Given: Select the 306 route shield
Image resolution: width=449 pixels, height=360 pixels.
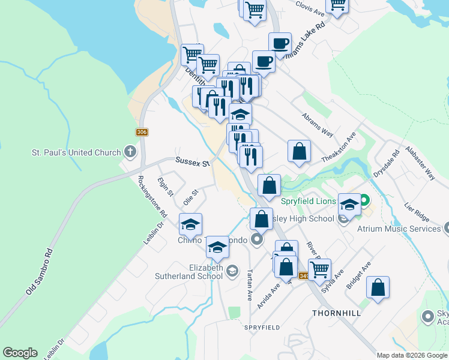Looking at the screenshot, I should click(x=142, y=132).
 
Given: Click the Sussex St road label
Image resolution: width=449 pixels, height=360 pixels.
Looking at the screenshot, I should click(x=192, y=161).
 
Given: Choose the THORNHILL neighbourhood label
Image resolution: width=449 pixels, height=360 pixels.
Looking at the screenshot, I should click(x=336, y=313).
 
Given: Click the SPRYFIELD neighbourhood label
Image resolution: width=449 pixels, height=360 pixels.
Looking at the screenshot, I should click(x=262, y=327).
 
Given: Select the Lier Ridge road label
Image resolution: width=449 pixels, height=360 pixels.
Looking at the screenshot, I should click(x=417, y=208).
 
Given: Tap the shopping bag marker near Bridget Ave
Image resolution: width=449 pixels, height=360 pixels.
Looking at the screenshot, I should click(x=378, y=288).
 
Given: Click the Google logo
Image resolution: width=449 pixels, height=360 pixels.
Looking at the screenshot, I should click(x=20, y=353).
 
